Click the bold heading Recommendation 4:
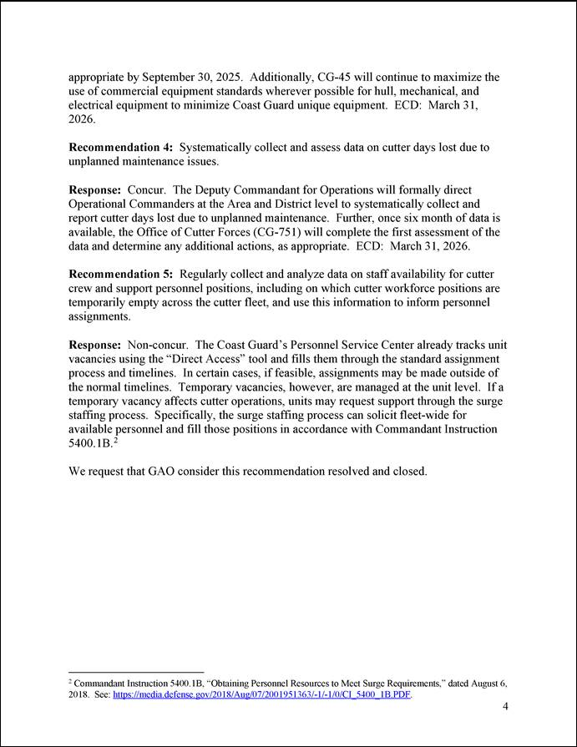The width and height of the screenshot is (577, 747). click(x=122, y=148)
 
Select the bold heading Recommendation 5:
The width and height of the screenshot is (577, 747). click(x=122, y=275)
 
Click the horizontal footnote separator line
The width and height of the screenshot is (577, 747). click(x=135, y=671)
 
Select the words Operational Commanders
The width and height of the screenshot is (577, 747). click(x=134, y=204)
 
